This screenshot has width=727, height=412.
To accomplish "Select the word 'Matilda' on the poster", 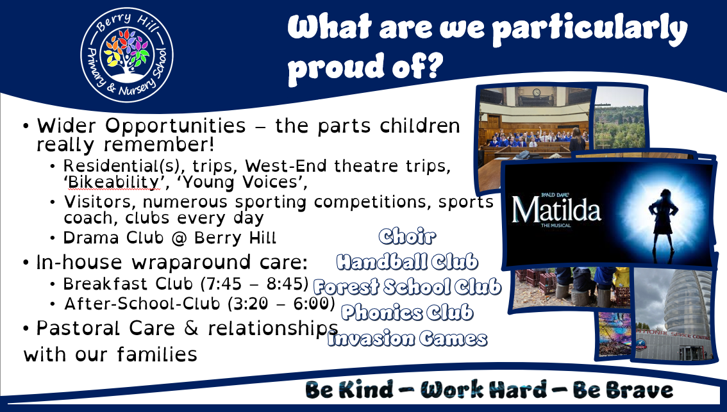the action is pos(556,210).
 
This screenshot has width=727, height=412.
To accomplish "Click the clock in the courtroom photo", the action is pos(536,92).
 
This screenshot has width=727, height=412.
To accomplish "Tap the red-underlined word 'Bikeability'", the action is pos(113,182).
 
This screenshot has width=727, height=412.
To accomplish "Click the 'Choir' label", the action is pos(407,236).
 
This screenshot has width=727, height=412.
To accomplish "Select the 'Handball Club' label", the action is pos(407,262).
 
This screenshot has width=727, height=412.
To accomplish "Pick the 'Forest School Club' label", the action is pos(407,287).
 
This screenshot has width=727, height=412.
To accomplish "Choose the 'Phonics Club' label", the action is pos(407,312).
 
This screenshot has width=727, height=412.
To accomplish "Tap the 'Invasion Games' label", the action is pos(407,338).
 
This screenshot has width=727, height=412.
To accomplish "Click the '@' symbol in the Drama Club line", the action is pos(178,238).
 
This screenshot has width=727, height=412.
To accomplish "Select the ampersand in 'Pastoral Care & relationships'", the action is pos(191,328).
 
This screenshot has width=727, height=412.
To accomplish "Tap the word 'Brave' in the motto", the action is pos(623,390).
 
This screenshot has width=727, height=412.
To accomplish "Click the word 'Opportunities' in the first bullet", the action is pos(175,126).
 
